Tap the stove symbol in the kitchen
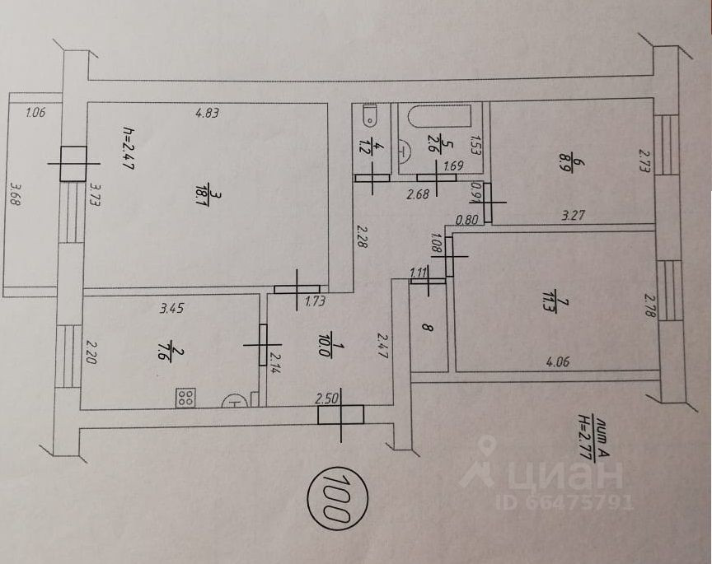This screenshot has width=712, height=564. [x=185, y=399]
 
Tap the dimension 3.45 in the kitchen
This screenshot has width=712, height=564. [x=172, y=309]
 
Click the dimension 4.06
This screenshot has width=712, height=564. [x=558, y=359]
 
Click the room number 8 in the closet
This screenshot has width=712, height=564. [x=426, y=327]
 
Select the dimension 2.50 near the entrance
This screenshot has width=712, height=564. [x=329, y=399]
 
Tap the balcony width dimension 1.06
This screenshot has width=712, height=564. [x=35, y=114]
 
